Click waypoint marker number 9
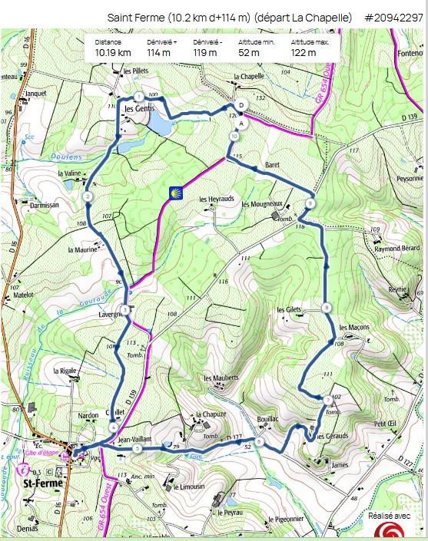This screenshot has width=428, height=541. coord(309,203)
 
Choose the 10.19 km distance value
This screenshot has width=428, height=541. coord(112,53)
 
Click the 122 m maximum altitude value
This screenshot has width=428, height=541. coord(304,53)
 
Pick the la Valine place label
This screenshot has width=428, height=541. coord(69,173)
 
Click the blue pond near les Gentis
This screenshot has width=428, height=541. coord(159,124)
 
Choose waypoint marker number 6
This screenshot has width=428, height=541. coord(260,441)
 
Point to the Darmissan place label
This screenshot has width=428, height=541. coord(44,206)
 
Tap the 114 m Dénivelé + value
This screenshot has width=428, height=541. coord(158,53)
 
